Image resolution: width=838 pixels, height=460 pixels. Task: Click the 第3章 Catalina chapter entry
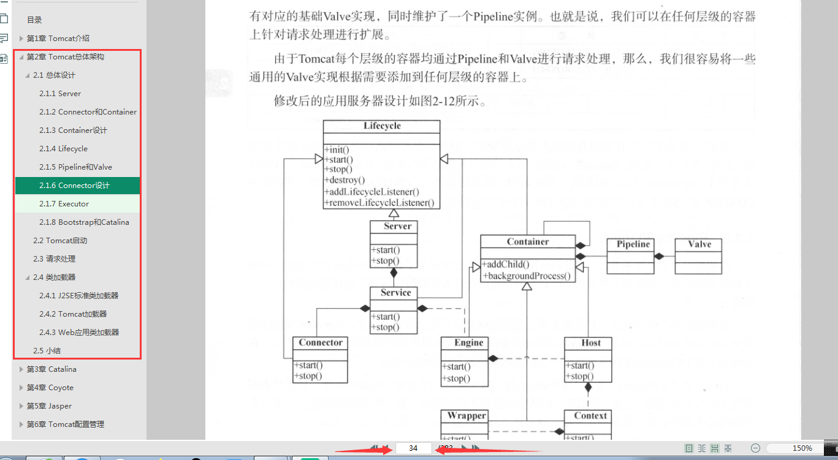(51, 369)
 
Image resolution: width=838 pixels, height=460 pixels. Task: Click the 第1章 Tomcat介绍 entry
(58, 39)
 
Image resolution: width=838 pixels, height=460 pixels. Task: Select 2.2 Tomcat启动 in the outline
(60, 241)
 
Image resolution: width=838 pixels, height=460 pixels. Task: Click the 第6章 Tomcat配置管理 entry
(66, 424)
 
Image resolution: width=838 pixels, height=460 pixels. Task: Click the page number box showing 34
(414, 448)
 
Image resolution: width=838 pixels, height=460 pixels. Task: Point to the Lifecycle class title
(382, 126)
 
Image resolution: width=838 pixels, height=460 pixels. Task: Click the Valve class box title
(699, 244)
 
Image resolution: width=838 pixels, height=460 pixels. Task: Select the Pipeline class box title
(633, 244)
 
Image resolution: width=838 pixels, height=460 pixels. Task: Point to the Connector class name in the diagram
(321, 343)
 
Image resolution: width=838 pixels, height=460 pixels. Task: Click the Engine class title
(469, 343)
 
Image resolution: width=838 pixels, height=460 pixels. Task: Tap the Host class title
(591, 343)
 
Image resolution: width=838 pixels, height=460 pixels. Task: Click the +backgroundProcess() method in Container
(528, 276)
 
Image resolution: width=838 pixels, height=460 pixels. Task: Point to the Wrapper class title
(467, 416)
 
